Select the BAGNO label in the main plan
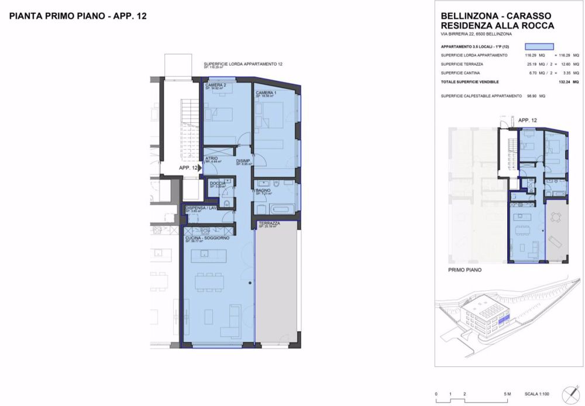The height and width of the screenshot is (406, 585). (262, 190)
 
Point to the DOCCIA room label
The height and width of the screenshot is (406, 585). (218, 183)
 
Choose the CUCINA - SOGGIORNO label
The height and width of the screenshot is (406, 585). (207, 238)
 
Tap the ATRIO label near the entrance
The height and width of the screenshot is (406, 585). (211, 159)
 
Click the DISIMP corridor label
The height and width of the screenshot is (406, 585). (243, 161)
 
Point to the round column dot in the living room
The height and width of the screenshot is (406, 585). (250, 283)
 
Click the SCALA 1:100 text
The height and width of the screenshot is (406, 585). (538, 394)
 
